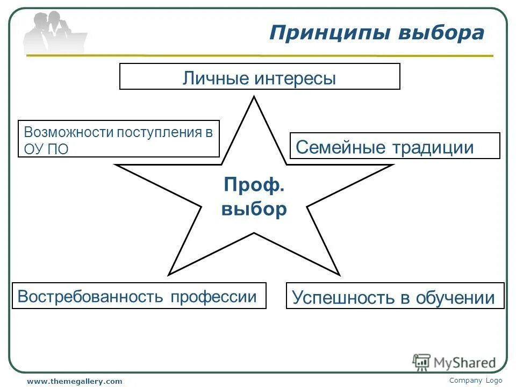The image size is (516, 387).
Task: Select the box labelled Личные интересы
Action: pyautogui.click(x=260, y=76)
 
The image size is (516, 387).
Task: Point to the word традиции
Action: pyautogui.click(x=433, y=147)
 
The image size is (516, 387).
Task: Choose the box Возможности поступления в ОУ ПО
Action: pyautogui.click(x=119, y=139)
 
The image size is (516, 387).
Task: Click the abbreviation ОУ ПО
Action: pyautogui.click(x=46, y=149)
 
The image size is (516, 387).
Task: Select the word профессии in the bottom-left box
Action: pyautogui.click(x=213, y=297)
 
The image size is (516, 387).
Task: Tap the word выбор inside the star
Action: pyautogui.click(x=254, y=209)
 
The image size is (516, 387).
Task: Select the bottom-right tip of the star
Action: pyautogui.click(x=339, y=274)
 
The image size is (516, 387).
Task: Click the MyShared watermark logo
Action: pyautogui.click(x=454, y=362)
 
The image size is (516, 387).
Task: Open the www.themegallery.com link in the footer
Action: pyautogui.click(x=75, y=381)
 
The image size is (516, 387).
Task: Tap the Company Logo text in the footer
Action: pyautogui.click(x=475, y=380)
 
